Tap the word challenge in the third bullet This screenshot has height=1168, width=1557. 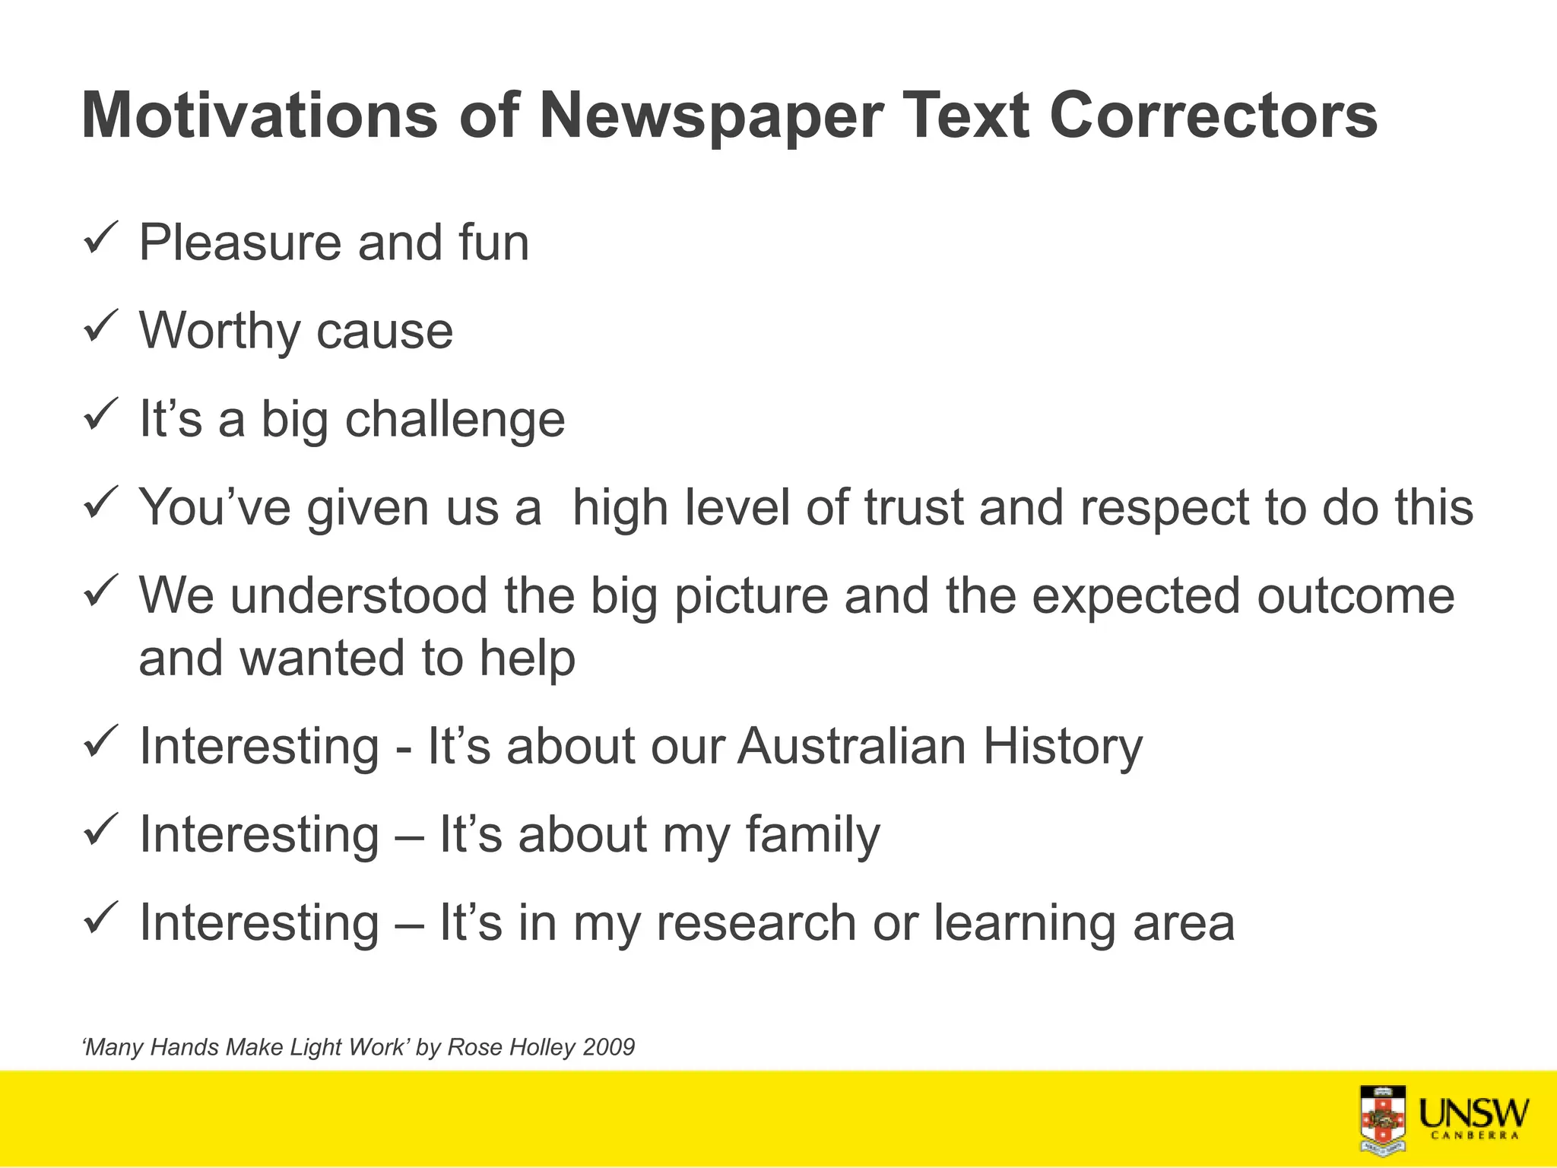tap(455, 421)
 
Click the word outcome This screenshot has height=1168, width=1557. tap(1356, 595)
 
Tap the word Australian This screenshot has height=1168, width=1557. tap(851, 746)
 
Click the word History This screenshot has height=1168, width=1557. tap(1063, 747)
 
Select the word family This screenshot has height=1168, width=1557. tap(812, 836)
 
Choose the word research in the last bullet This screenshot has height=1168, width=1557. tap(756, 923)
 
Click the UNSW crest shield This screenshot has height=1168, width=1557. tap(1382, 1120)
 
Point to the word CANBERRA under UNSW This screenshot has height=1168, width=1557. tap(1474, 1136)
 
